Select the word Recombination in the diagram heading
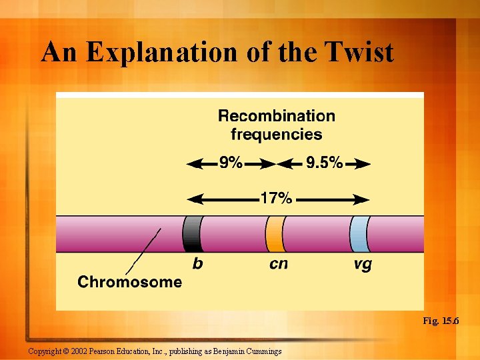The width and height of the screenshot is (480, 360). tap(277, 116)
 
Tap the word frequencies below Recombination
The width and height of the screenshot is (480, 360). tap(277, 135)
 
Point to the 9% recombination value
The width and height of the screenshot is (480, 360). tap(231, 163)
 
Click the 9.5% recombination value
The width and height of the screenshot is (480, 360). tap(324, 163)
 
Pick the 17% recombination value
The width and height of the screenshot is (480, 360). tap(276, 199)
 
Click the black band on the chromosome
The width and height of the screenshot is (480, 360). tap(192, 233)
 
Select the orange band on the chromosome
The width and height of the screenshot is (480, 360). tap(275, 233)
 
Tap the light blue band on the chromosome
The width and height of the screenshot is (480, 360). tap(359, 233)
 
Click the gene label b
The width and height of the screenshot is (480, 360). tap(197, 264)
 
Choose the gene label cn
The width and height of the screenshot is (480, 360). tap(279, 265)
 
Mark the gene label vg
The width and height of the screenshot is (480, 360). tap(363, 265)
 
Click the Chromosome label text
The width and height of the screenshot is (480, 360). tap(129, 282)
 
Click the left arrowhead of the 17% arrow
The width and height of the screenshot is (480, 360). tap(194, 199)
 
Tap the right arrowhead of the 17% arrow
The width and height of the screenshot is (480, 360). tap(363, 199)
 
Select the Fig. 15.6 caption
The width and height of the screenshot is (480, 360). tap(440, 321)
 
